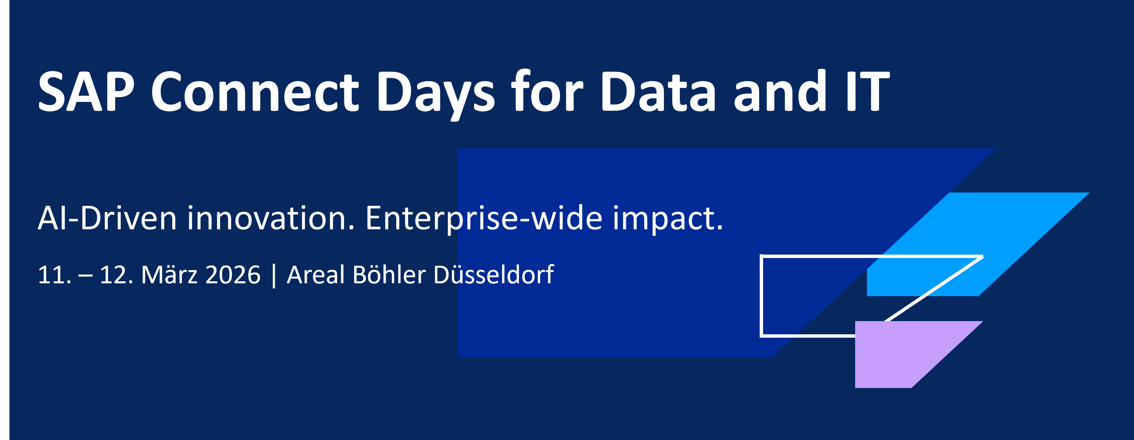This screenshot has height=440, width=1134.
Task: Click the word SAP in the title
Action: [86, 92]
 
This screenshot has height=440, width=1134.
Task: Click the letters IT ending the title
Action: [866, 92]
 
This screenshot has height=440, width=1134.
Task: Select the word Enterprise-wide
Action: [483, 218]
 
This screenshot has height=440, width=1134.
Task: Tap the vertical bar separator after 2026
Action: [274, 276]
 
